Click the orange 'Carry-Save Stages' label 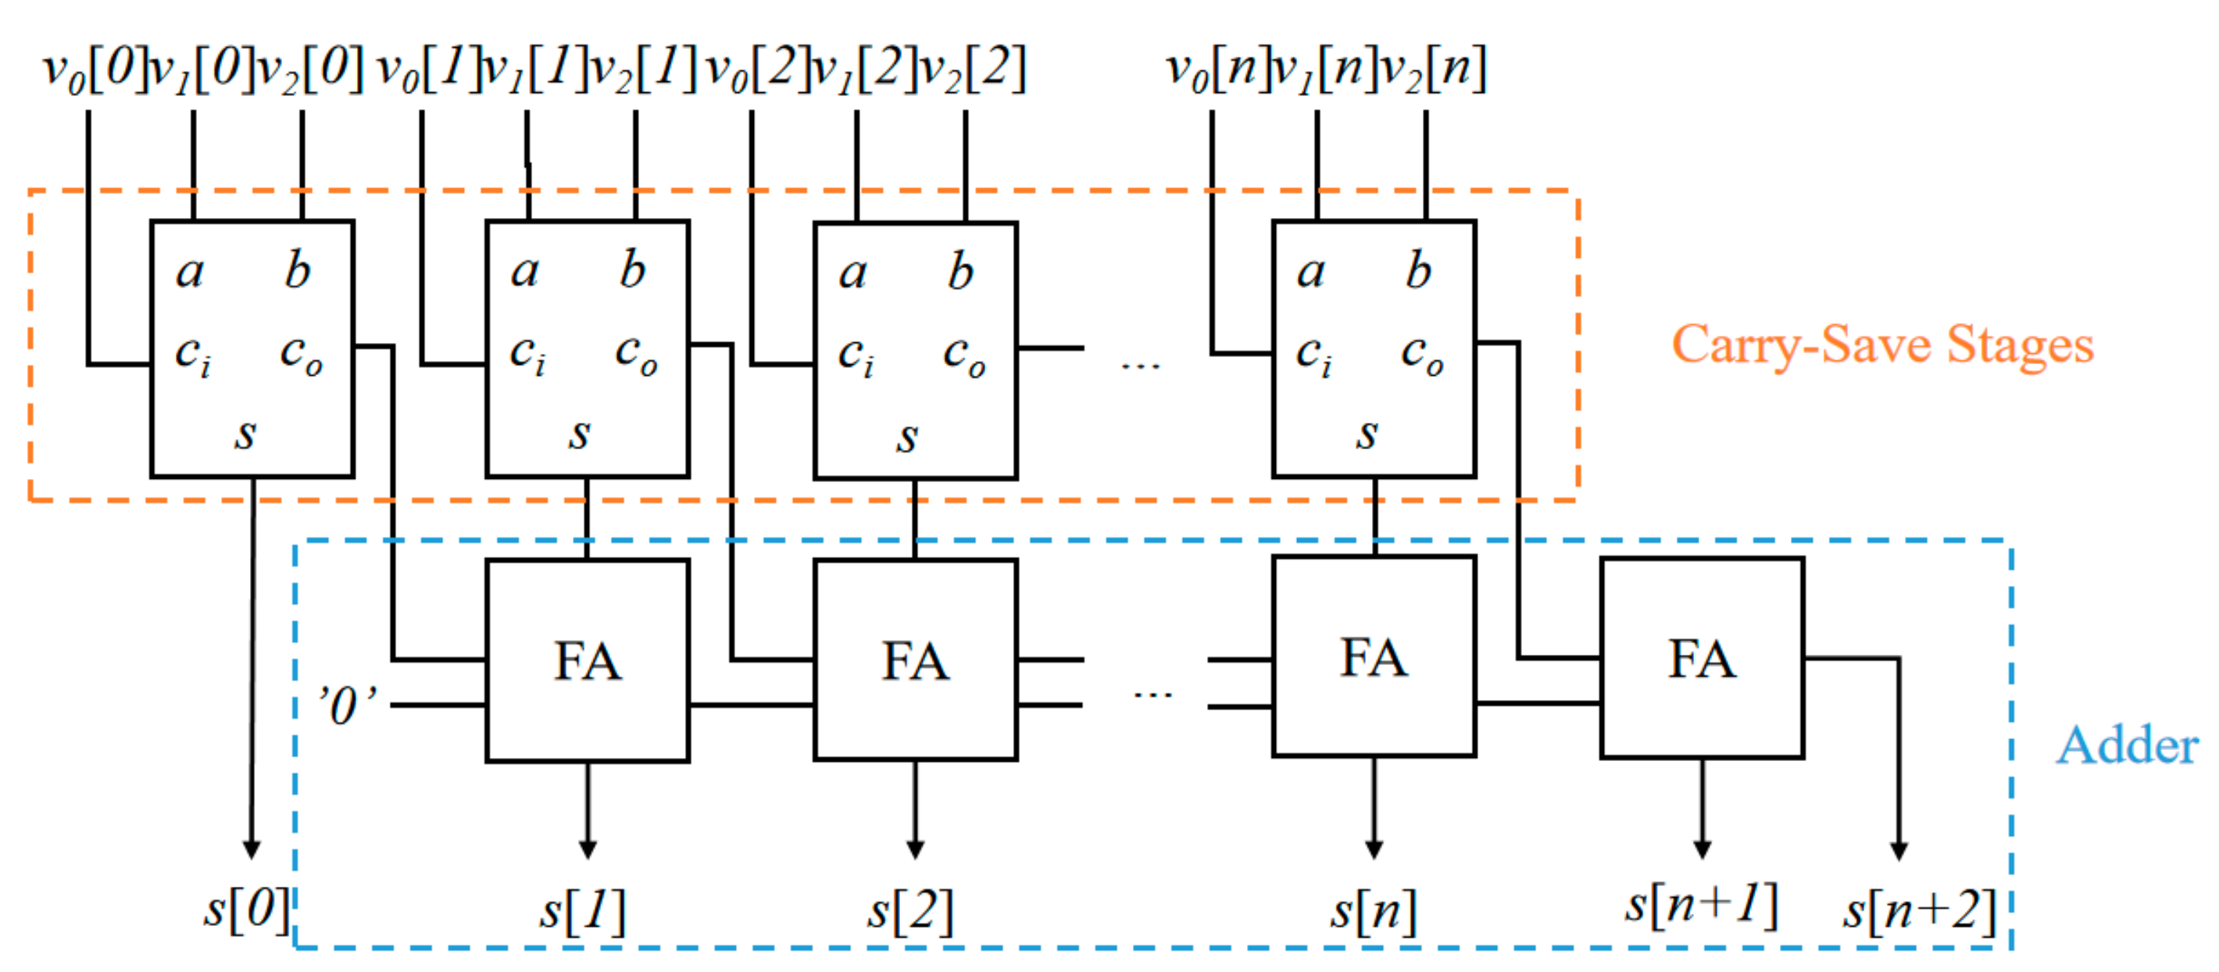pyautogui.click(x=1881, y=345)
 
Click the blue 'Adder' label pyautogui.click(x=2127, y=745)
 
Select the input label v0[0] pyautogui.click(x=95, y=69)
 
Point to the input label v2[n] pyautogui.click(x=1434, y=69)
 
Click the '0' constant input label pyautogui.click(x=347, y=705)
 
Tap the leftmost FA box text pyautogui.click(x=588, y=662)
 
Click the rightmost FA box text pyautogui.click(x=1703, y=659)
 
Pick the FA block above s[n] pyautogui.click(x=1374, y=657)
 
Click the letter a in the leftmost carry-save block pyautogui.click(x=190, y=273)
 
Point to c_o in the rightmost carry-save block pyautogui.click(x=1421, y=353)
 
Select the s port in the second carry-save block pyautogui.click(x=580, y=433)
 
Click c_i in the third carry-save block pyautogui.click(x=856, y=355)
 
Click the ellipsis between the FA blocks pyautogui.click(x=1152, y=694)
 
